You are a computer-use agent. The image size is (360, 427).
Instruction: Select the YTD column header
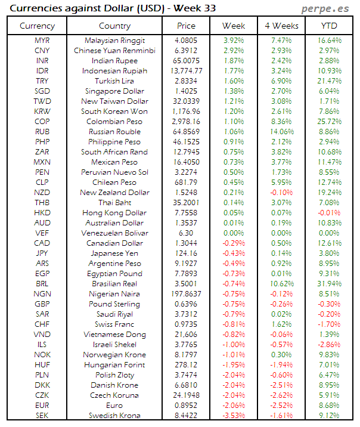click(330, 26)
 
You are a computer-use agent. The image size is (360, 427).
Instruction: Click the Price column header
click(187, 26)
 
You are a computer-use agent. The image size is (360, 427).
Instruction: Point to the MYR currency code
click(42, 41)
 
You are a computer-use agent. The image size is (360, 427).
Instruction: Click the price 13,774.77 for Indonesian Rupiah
click(187, 71)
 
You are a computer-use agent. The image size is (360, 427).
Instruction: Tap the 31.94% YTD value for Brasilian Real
click(330, 284)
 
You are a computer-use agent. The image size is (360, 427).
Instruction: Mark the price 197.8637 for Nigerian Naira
click(187, 294)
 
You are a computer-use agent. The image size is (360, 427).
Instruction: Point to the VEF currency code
click(42, 233)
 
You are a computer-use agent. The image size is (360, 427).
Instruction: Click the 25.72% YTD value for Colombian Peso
click(330, 122)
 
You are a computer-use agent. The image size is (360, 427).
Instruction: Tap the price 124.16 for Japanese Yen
click(187, 253)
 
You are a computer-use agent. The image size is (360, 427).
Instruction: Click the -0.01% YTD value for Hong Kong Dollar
click(330, 213)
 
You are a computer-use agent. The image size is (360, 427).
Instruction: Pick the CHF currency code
click(42, 324)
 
